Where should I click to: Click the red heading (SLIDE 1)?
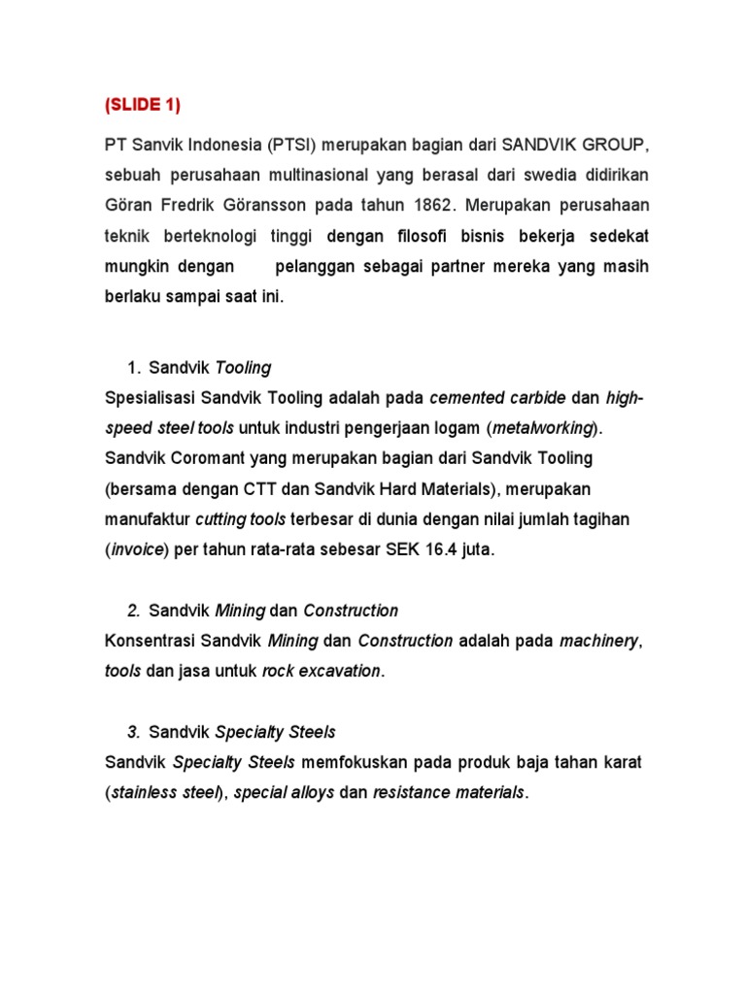point(142,105)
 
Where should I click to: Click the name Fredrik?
point(190,206)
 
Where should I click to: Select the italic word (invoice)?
point(137,549)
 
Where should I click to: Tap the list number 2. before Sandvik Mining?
point(135,611)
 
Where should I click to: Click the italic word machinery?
point(600,641)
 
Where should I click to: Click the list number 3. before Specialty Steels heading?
point(135,732)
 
